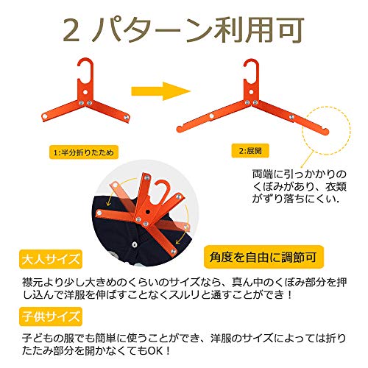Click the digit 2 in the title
pos(71,32)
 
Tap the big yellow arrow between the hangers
pos(161,91)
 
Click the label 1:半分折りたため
pos(84,152)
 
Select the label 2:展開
pos(250,150)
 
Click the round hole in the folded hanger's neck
pos(85,93)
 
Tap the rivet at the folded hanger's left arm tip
pos(45,116)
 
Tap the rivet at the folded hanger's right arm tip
pos(127,117)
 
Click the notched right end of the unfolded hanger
pos(325,131)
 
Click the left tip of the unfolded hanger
pos(180,129)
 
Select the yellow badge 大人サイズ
pos(51,259)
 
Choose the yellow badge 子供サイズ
pos(51,316)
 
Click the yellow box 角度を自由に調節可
pos(263,257)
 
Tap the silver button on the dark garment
pos(134,244)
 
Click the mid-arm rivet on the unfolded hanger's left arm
pos(212,116)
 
